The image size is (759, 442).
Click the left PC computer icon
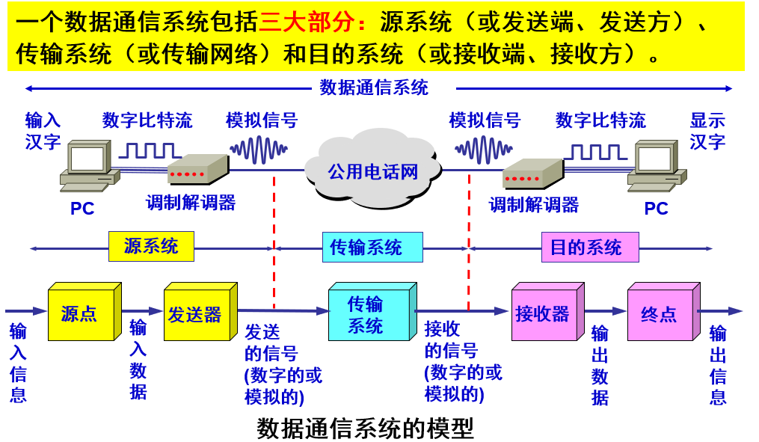(89, 167)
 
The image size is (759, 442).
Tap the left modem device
(196, 171)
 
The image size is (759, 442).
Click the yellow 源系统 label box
(151, 246)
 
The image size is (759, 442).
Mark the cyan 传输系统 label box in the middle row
(372, 247)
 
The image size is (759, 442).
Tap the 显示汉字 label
(707, 131)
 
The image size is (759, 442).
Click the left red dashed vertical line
(274, 239)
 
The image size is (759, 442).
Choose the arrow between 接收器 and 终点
(605, 311)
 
